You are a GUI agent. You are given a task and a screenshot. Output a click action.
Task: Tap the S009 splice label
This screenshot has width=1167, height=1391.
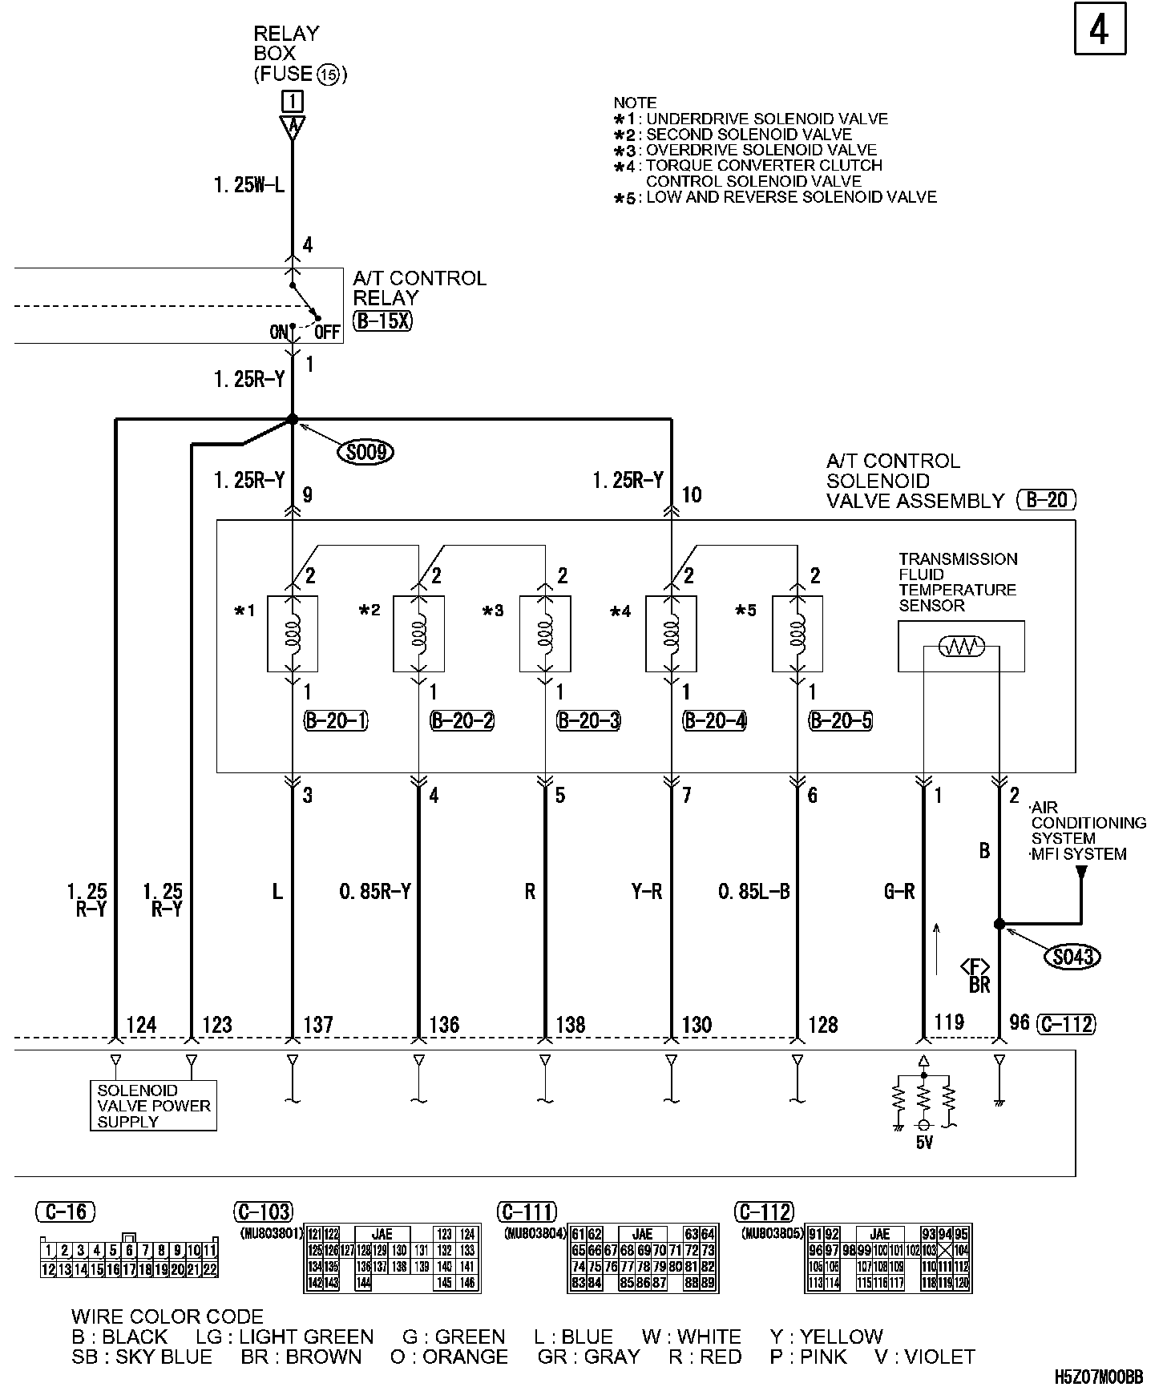point(365,453)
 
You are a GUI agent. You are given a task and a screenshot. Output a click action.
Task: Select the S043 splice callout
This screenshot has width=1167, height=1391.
point(1073,956)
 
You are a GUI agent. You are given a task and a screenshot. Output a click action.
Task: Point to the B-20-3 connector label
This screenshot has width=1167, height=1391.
point(589,721)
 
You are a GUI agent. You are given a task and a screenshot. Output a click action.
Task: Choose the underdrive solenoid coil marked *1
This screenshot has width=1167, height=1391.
point(293,633)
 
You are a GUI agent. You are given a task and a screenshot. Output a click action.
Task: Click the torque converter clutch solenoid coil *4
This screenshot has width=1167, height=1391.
point(671,633)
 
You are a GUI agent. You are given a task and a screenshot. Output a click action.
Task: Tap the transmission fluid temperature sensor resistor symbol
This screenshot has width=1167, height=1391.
point(961,647)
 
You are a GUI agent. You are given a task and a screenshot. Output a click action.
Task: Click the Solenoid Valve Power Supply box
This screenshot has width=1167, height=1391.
point(153,1106)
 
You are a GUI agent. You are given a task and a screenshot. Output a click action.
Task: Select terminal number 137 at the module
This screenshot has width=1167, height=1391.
point(318,1025)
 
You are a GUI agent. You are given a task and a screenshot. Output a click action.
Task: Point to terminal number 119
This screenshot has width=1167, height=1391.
point(949,1022)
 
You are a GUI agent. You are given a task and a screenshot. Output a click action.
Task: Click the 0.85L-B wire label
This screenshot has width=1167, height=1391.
point(754,892)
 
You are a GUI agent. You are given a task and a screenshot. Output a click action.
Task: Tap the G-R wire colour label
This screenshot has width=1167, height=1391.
point(898,892)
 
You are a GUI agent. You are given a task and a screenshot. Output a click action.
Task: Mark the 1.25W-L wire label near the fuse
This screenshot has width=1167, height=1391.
point(248,186)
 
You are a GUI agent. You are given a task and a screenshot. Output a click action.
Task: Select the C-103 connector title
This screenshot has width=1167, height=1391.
point(263,1211)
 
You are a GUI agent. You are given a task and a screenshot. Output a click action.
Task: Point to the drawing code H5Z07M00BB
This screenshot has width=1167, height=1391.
point(1098,1377)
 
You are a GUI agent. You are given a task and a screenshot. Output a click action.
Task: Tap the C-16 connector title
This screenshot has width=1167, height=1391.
point(66,1211)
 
